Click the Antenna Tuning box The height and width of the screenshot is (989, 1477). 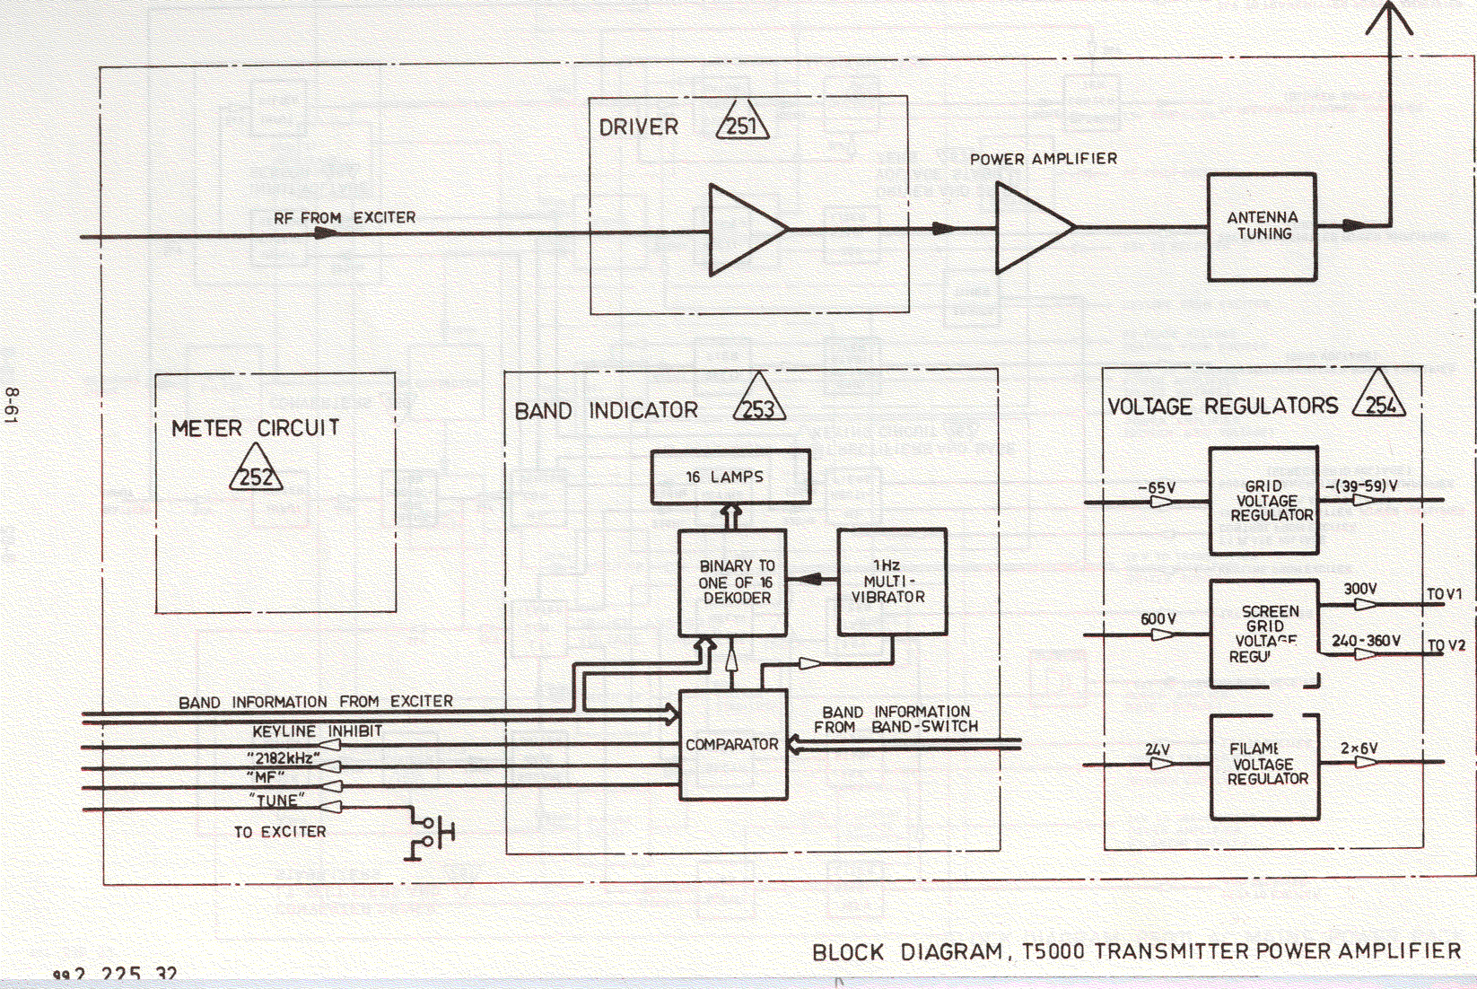click(x=1262, y=226)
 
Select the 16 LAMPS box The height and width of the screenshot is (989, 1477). click(x=730, y=477)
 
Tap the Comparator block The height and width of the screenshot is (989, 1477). click(x=733, y=744)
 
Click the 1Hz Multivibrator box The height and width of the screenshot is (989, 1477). click(x=891, y=582)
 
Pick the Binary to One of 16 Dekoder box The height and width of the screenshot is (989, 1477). click(x=732, y=582)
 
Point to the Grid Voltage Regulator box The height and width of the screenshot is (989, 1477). click(x=1263, y=500)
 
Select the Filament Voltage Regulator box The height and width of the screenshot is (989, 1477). click(x=1265, y=766)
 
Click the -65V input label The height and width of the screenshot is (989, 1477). click(x=1157, y=487)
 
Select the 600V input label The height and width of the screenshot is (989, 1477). click(x=1158, y=619)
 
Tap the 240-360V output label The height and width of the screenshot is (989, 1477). click(x=1366, y=640)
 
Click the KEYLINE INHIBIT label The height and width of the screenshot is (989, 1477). click(x=317, y=731)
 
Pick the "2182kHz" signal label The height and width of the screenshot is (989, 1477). click(x=284, y=757)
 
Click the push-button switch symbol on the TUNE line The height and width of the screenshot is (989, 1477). click(x=433, y=831)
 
